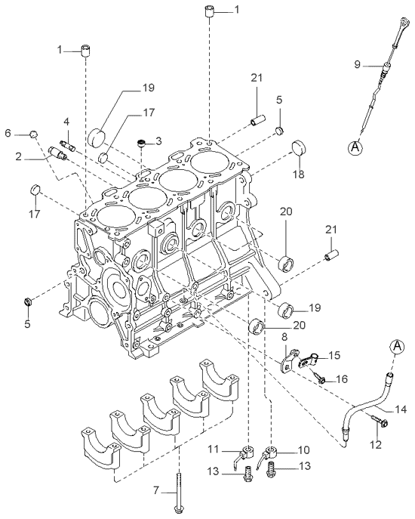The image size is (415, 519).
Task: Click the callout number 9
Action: pos(358,65)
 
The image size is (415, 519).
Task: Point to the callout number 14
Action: pos(401,409)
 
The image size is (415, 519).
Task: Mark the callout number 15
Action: pos(334,355)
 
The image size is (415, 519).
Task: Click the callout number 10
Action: pos(303,449)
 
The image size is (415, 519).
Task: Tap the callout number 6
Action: pos(8,133)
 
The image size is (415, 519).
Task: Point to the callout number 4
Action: pos(66,121)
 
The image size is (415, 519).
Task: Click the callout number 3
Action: pos(158,141)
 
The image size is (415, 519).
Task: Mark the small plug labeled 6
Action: pos(32,134)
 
